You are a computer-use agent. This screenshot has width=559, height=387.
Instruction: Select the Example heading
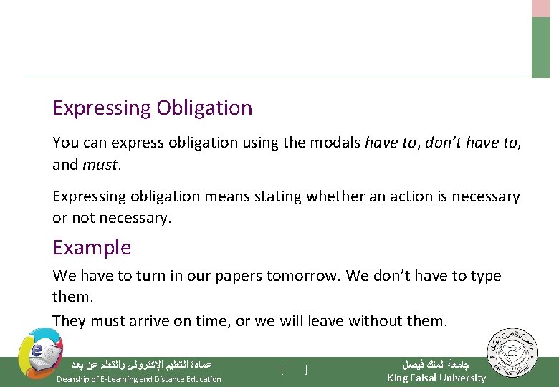pyautogui.click(x=92, y=248)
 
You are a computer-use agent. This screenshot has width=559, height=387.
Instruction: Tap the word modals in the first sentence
pyautogui.click(x=336, y=143)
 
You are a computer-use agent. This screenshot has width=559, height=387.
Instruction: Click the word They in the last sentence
pyautogui.click(x=70, y=321)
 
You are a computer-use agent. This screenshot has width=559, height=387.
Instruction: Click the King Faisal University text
pyautogui.click(x=436, y=378)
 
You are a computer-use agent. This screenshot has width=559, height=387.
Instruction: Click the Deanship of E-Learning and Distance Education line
pyautogui.click(x=138, y=379)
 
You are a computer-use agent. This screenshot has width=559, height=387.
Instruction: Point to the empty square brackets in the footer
pyautogui.click(x=295, y=370)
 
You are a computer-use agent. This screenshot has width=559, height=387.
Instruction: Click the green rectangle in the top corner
pyautogui.click(x=540, y=47)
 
